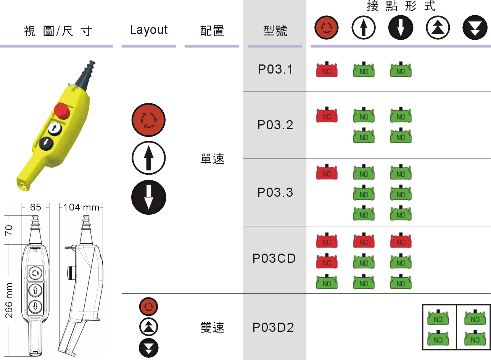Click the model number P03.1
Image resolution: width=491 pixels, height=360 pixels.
pyautogui.click(x=275, y=70)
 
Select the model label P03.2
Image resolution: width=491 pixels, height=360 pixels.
pyautogui.click(x=275, y=125)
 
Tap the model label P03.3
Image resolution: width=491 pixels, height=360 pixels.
pyautogui.click(x=275, y=192)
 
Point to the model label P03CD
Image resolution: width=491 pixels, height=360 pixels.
pyautogui.click(x=274, y=259)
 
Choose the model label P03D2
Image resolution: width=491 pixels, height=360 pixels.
pyautogui.click(x=274, y=327)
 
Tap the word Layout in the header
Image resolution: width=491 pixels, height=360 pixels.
pyautogui.click(x=149, y=30)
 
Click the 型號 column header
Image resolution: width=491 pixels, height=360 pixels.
pyautogui.click(x=275, y=31)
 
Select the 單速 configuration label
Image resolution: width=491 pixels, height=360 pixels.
pyautogui.click(x=212, y=159)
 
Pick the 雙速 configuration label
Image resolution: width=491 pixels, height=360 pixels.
pyautogui.click(x=212, y=327)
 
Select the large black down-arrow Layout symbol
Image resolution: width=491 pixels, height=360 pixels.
pyautogui.click(x=148, y=197)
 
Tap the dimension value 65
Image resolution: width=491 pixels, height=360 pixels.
pyautogui.click(x=35, y=207)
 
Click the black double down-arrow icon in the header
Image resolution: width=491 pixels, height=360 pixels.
pyautogui.click(x=475, y=29)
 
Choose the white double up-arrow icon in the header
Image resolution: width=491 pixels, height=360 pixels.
pyautogui.click(x=438, y=29)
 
